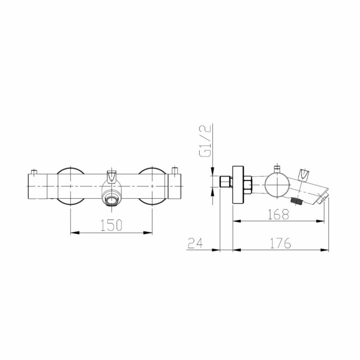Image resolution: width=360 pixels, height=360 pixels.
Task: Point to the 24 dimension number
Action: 196,243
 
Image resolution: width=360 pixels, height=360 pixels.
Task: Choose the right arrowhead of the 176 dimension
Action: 328,250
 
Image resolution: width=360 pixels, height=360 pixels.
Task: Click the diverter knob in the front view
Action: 112,176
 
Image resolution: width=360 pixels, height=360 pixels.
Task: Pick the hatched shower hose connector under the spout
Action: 297,201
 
